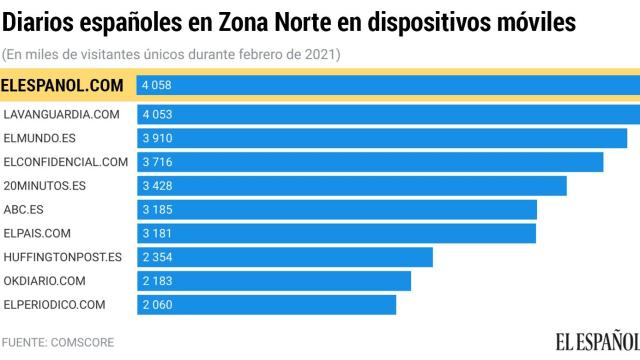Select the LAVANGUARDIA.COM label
[62, 114]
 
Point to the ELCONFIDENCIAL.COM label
[66, 161]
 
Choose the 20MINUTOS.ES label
[45, 185]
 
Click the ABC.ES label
[24, 209]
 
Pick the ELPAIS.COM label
[38, 233]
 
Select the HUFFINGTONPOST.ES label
[63, 257]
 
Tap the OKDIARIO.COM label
[45, 280]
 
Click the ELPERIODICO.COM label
[55, 304]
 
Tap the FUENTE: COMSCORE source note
[58, 342]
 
